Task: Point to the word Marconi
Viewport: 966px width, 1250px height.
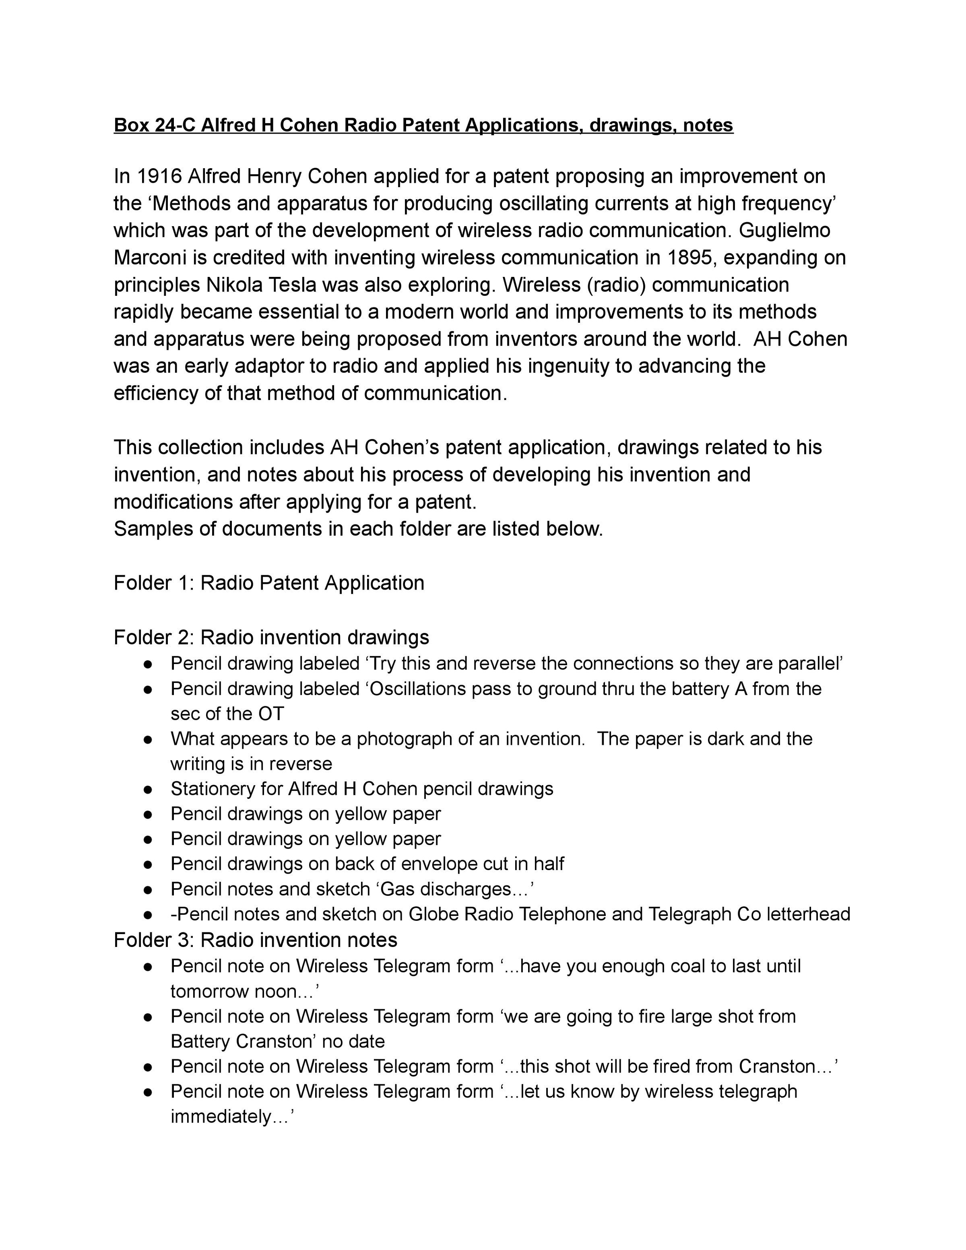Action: tap(150, 258)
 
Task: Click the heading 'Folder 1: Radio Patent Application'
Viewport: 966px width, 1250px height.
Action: tap(269, 583)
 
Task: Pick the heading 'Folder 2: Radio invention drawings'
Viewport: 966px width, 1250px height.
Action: tap(271, 637)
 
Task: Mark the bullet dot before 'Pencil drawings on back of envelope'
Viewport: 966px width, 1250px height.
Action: tap(148, 864)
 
